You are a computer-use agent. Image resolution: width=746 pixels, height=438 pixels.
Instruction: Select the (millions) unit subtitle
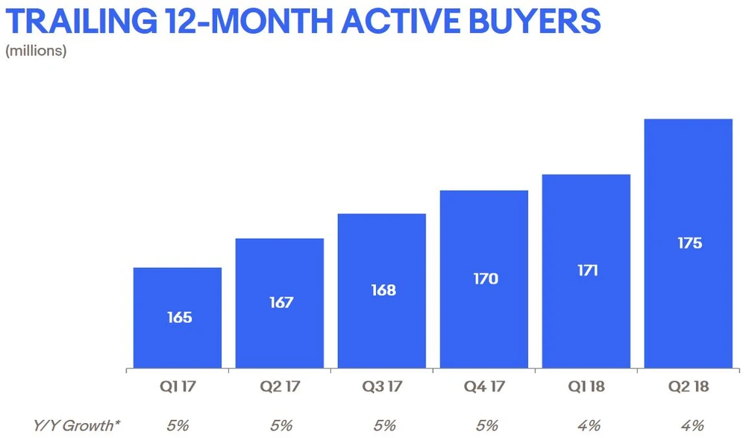[x=36, y=51]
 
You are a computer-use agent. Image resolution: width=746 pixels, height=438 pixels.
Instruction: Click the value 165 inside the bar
[x=179, y=318]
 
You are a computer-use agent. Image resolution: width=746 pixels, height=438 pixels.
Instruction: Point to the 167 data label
[x=281, y=303]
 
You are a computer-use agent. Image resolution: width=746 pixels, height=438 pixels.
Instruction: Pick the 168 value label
[x=383, y=290]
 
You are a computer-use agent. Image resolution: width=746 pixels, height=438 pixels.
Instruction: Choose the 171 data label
[x=586, y=271]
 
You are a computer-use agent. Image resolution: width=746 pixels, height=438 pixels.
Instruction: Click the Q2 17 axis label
[x=281, y=387]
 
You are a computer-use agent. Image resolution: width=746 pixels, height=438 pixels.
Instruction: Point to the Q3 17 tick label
[x=383, y=387]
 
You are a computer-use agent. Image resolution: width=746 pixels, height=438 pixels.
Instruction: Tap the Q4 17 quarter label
[x=484, y=387]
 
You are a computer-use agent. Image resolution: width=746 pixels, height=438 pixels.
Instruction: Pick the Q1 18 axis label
[x=586, y=387]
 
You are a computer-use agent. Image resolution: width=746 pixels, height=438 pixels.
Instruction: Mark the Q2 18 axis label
[x=688, y=387]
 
